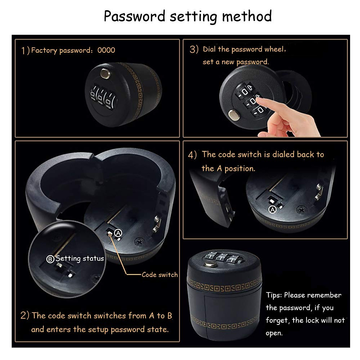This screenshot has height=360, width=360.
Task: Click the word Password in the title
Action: click(x=134, y=16)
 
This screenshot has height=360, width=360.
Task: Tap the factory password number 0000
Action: click(x=106, y=50)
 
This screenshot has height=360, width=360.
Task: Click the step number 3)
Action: click(x=194, y=49)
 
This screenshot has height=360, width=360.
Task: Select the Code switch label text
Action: click(x=160, y=274)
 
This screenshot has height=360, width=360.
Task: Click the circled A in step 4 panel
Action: click(x=272, y=210)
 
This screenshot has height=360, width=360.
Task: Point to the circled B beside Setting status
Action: click(x=50, y=259)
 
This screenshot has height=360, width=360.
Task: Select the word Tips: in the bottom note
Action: click(x=274, y=295)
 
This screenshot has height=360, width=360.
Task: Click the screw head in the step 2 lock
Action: click(x=139, y=241)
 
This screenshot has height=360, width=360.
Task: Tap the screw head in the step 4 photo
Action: click(x=301, y=209)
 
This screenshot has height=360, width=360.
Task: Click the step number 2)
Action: click(x=25, y=316)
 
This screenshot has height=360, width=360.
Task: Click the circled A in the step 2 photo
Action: click(x=118, y=233)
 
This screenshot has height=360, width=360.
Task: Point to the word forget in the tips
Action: click(x=277, y=320)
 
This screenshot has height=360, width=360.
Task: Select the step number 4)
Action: click(x=192, y=155)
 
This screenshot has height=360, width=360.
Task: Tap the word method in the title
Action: click(x=247, y=16)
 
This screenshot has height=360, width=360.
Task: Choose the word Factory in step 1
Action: click(x=44, y=50)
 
